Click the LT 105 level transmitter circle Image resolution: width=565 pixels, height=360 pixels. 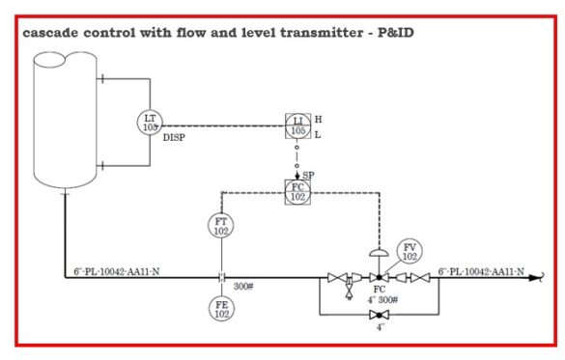click(150, 122)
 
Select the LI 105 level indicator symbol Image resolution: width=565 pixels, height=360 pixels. click(297, 125)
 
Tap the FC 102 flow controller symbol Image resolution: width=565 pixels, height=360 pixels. click(297, 191)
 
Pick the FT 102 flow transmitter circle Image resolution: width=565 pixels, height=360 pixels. click(221, 227)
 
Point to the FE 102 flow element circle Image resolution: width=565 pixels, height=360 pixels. click(221, 309)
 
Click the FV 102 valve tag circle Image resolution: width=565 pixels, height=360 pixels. click(410, 253)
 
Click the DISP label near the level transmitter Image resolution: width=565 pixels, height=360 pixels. click(174, 138)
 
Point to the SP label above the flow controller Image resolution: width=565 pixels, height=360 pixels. click(308, 175)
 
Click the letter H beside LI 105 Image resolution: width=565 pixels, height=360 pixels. click(318, 119)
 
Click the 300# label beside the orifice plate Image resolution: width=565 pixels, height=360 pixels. click(244, 287)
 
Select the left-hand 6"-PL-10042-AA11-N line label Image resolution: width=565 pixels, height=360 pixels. click(116, 271)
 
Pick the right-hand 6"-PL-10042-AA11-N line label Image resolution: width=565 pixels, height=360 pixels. click(481, 271)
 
